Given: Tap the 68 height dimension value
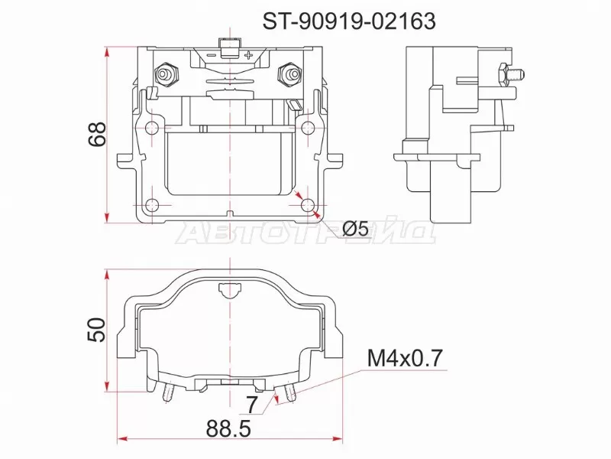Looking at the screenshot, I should point(97,135).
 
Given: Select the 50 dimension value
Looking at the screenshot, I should point(97,330).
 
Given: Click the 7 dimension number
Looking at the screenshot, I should point(252,402).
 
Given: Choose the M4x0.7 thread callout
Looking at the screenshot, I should point(405,358).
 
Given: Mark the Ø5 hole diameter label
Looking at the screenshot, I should point(355,228).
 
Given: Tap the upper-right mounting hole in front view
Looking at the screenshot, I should point(306,127).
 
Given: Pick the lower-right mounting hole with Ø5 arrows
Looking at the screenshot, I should point(306,205).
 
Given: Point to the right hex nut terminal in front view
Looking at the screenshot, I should point(290,75).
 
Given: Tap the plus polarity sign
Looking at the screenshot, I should point(249,54).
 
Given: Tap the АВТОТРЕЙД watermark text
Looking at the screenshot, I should point(305,233).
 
